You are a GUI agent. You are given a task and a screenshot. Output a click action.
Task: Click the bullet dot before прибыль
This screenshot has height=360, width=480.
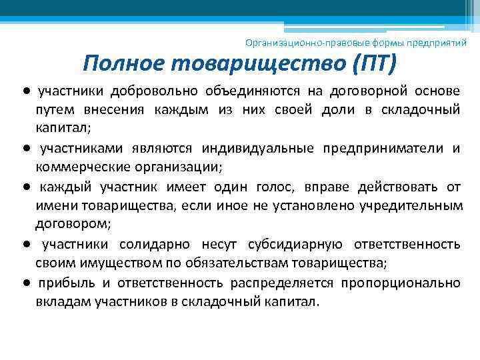point(24,282)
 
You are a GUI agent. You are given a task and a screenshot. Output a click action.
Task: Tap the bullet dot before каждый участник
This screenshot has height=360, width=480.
point(24,187)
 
